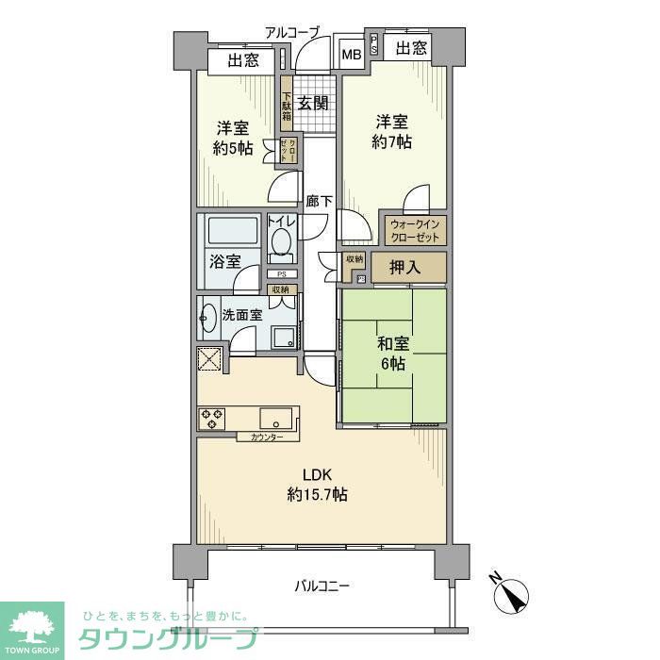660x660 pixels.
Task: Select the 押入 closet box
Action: (406, 268)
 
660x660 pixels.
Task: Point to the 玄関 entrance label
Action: (313, 104)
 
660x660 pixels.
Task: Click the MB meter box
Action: (351, 55)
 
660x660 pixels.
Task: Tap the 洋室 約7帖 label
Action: (393, 133)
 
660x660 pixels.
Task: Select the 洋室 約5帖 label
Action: (232, 138)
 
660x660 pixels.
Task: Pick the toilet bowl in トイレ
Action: (281, 243)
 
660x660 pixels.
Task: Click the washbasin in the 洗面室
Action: (209, 319)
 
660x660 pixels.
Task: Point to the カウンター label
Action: (267, 437)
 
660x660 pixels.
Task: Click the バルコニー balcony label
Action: (322, 586)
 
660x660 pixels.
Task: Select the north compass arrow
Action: (514, 594)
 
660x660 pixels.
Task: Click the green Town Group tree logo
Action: (32, 626)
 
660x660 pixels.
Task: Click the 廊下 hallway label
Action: (319, 201)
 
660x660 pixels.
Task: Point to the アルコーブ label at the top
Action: (292, 32)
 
